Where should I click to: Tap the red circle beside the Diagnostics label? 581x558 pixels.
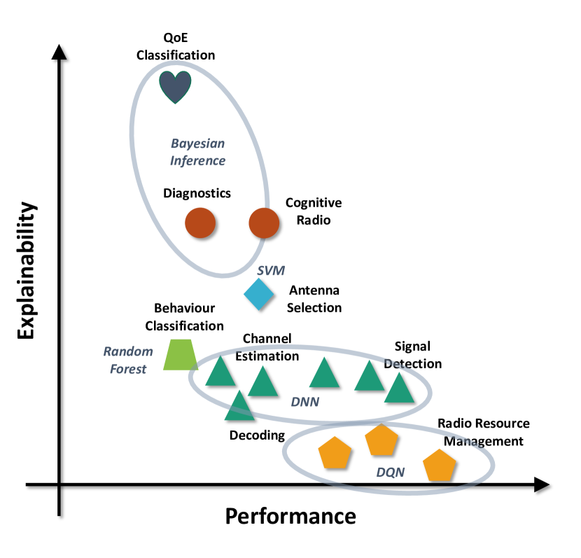[199, 223]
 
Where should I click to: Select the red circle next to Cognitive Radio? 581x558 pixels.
[265, 223]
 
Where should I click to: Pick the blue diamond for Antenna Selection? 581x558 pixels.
[258, 294]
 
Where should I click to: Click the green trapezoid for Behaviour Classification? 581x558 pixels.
[181, 354]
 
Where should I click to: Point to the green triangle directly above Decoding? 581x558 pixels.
[239, 406]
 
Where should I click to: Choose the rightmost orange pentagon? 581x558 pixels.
[440, 466]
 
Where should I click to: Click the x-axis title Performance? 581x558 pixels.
[290, 516]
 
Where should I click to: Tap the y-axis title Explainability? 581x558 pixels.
[27, 270]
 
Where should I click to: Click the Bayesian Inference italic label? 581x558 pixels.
[198, 152]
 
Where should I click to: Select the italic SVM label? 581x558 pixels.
[270, 269]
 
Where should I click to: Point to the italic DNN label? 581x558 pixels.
[304, 402]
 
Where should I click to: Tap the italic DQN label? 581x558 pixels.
[391, 472]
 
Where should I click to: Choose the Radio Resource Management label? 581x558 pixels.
[484, 432]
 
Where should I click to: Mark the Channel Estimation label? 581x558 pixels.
[267, 347]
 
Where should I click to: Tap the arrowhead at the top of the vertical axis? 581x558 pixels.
[60, 53]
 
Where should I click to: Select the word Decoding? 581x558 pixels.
[257, 435]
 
